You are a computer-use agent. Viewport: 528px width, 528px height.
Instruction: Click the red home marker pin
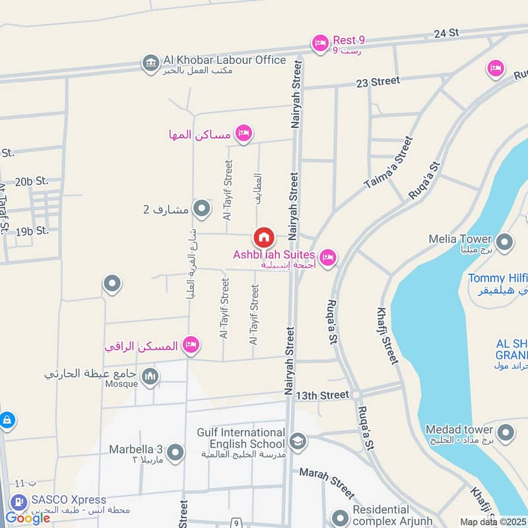[x=263, y=238]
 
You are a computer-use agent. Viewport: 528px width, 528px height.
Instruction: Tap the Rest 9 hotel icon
[x=320, y=44]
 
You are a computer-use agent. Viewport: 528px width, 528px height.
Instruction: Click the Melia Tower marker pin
[x=505, y=243]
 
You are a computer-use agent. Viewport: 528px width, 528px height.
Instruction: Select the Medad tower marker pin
[x=506, y=433]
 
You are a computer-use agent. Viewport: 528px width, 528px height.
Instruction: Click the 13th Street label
[x=322, y=395]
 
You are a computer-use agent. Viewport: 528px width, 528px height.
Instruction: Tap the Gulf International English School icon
[x=298, y=440]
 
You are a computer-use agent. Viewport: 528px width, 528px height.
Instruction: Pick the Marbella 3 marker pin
[x=176, y=453]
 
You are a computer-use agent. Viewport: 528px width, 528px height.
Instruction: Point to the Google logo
[x=27, y=518]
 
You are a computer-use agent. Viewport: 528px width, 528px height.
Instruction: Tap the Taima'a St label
[x=388, y=163]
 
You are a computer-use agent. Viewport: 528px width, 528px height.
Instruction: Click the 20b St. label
[x=32, y=181]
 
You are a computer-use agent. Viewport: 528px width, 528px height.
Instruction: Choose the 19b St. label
[x=32, y=231]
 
